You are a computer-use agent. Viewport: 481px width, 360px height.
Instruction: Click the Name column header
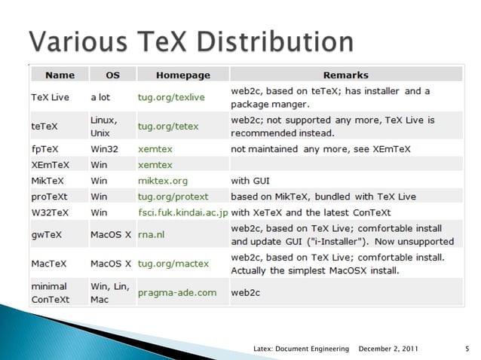click(x=60, y=75)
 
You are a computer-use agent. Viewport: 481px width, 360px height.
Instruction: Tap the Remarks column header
click(x=345, y=75)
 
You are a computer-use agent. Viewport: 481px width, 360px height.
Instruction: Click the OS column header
click(x=112, y=75)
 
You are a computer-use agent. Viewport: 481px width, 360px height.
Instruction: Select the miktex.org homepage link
click(x=163, y=181)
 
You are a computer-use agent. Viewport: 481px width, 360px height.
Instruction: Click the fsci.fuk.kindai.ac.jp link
click(x=182, y=212)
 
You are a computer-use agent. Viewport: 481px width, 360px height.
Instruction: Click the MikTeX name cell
click(x=48, y=181)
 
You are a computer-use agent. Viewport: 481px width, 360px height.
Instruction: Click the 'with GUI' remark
click(x=251, y=181)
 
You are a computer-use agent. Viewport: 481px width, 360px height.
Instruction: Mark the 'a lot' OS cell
click(x=100, y=97)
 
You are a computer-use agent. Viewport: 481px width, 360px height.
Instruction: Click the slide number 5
click(x=467, y=348)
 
